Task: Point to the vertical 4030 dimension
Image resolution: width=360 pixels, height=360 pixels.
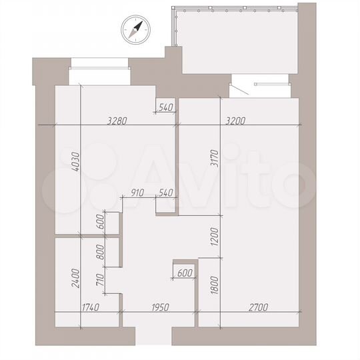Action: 76,164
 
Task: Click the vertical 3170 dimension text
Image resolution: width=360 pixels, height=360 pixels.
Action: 214,158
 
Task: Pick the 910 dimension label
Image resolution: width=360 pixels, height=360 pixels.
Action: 138,193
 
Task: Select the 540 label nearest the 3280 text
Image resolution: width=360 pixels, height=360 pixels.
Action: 165,107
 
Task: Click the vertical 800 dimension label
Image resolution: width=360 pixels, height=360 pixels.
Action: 101,253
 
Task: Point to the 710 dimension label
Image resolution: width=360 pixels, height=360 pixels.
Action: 101,280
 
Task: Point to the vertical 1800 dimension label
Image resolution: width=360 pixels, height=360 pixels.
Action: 214,285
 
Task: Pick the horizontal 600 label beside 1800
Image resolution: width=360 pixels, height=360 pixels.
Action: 185,272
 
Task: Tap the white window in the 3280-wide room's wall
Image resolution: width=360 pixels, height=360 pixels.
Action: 99,64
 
